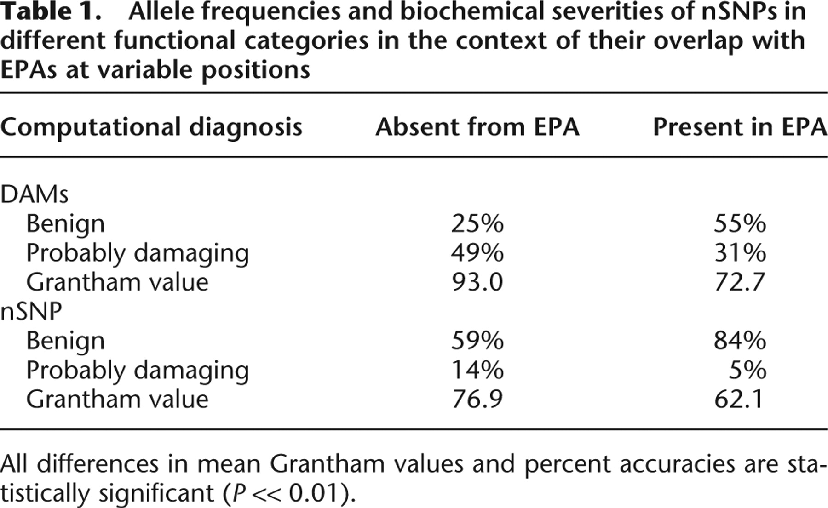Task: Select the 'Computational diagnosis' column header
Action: pos(151,127)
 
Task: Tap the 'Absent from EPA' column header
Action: pos(477,127)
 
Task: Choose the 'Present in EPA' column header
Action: pos(740,127)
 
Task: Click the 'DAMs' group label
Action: pos(34,194)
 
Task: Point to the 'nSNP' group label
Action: pos(31,311)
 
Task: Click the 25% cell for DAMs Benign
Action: pos(477,224)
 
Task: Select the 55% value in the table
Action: pos(740,224)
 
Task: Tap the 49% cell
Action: pos(477,253)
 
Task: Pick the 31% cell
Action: pos(740,253)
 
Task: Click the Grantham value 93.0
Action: pos(477,282)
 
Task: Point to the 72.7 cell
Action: pos(739,282)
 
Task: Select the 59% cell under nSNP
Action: pos(477,341)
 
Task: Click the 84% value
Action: pos(740,341)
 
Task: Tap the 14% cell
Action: pos(477,370)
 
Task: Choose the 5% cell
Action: pos(747,370)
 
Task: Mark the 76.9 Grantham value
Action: pos(477,399)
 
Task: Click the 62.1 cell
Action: pos(739,399)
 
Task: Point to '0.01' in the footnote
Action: pos(314,493)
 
